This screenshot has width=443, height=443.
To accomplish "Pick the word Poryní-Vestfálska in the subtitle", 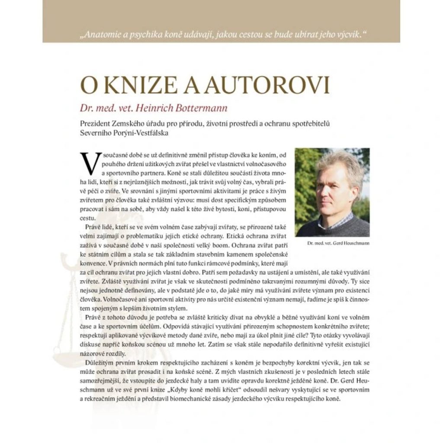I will coord(142,133).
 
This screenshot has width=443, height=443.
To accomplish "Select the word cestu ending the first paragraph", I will coord(88,218).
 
